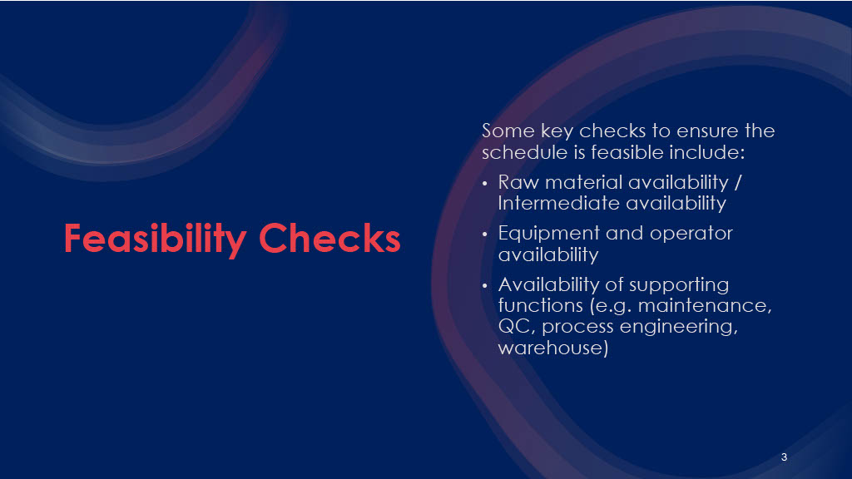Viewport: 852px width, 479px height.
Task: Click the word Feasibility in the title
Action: point(155,239)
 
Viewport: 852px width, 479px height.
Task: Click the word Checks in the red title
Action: point(329,238)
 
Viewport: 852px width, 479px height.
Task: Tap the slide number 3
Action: point(784,457)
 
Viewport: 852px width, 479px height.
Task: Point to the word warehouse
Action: point(553,348)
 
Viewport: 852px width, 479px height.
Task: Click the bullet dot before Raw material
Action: point(485,184)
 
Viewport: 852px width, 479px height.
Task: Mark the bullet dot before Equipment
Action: point(485,235)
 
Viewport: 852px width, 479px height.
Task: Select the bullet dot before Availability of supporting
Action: point(485,286)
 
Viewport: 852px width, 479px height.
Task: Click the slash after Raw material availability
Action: point(738,182)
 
